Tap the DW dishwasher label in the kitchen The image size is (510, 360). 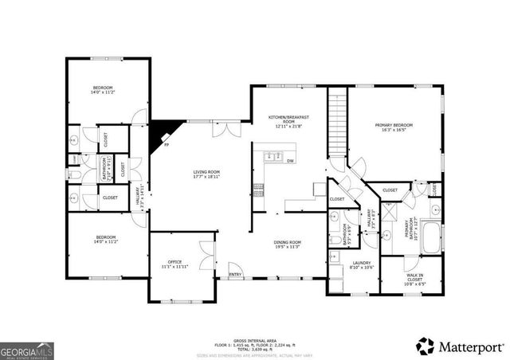click(x=289, y=161)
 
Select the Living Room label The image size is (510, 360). click(x=206, y=174)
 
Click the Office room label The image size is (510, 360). click(x=175, y=264)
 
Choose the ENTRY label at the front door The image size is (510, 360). click(x=235, y=275)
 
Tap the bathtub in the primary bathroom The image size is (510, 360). click(x=431, y=237)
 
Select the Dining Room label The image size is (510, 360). click(x=288, y=244)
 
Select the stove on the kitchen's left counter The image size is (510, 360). click(x=258, y=190)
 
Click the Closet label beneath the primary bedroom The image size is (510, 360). click(x=390, y=190)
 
